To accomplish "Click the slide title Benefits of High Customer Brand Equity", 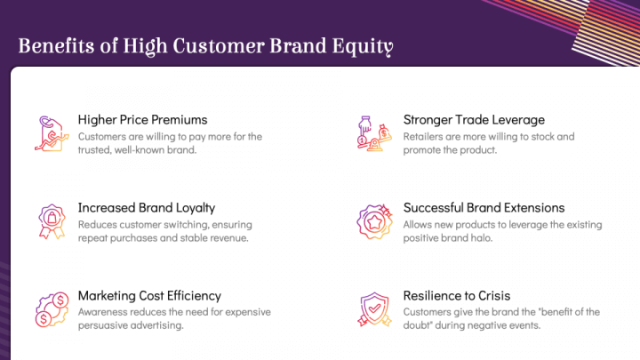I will tap(205, 46).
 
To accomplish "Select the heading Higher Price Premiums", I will tap(142, 119).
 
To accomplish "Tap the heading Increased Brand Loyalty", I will tap(147, 207).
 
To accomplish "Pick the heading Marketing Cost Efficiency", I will tap(149, 295).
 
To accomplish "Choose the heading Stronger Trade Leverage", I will tap(474, 119).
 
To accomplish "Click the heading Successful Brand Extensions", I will tap(484, 207).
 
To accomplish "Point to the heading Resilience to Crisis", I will tap(457, 295).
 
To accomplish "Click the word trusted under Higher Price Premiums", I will tap(96, 150).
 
